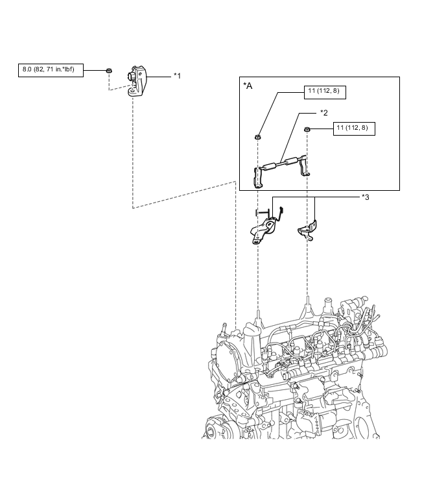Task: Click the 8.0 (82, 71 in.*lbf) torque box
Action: (51, 70)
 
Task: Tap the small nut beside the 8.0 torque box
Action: (110, 70)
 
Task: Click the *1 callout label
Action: (177, 76)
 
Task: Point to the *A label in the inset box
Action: (248, 86)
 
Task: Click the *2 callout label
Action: (324, 112)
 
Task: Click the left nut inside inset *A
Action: (258, 137)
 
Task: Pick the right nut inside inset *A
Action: (307, 130)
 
